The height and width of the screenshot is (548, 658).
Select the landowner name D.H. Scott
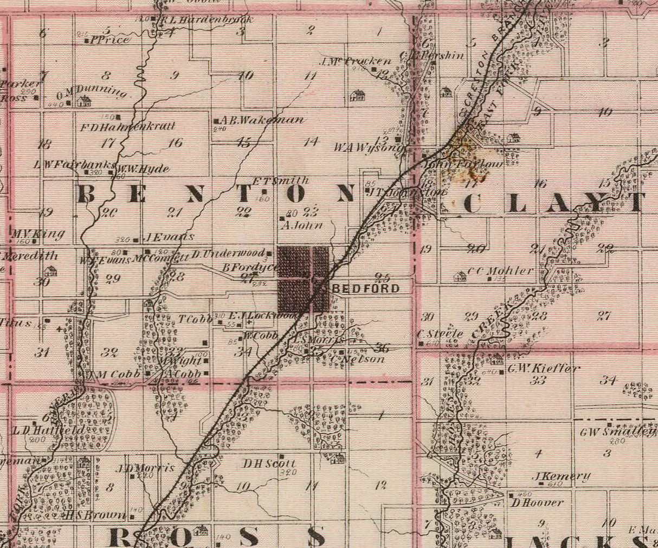pos(269,464)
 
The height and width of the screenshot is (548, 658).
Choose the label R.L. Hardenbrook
pos(207,20)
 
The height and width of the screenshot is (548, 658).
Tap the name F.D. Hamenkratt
pos(128,127)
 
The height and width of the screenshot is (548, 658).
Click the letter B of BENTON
pos(87,193)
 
